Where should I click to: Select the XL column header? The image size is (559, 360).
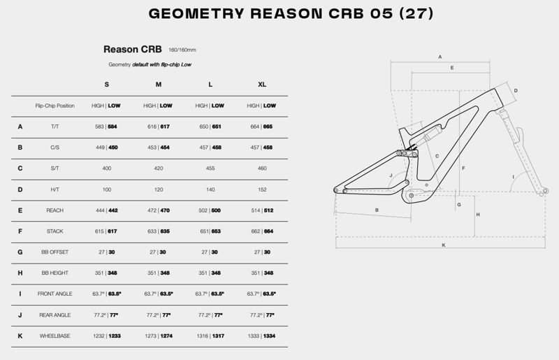pos(262,85)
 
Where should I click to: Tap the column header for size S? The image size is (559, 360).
pos(106,85)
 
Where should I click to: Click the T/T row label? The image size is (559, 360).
pos(55,127)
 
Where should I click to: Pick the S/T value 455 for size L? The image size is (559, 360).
pos(210,168)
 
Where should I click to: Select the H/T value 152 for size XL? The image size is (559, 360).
pos(262,189)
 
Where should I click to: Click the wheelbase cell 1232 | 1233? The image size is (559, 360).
pos(106,336)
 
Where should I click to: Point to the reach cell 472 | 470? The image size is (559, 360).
pos(158,210)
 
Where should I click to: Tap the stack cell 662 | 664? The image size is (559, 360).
pos(262,231)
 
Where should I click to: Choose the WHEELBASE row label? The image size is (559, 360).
pos(55,336)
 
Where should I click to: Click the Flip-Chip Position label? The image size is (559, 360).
pos(55,106)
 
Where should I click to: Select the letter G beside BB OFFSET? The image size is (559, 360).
pos(20,252)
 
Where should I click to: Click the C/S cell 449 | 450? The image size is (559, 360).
pos(106,147)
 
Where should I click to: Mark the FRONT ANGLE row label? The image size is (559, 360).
pos(55,294)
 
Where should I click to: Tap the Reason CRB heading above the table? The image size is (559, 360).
pos(133,50)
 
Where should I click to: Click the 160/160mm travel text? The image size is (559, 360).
pos(182,50)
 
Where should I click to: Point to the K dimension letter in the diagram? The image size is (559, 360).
pos(444,245)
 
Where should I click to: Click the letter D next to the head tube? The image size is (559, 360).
pos(515,91)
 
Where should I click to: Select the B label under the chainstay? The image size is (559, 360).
pos(377,209)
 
